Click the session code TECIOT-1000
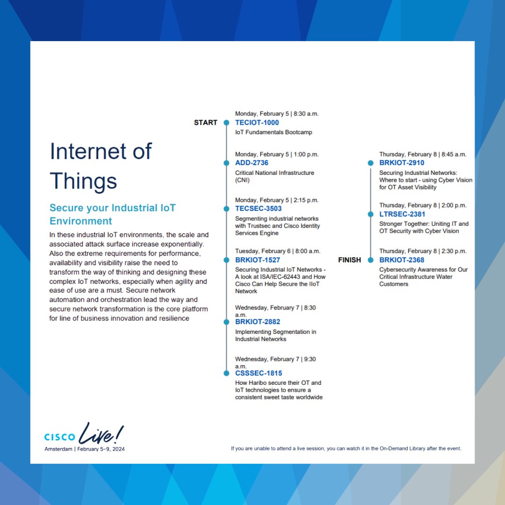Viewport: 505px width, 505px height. click(257, 123)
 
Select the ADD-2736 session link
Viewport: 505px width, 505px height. click(252, 163)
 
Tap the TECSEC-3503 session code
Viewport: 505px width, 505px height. click(258, 209)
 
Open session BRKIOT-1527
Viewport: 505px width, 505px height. click(257, 260)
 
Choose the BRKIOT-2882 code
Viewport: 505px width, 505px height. click(258, 322)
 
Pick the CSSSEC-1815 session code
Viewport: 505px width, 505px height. click(259, 373)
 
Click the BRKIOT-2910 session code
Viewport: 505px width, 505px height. click(402, 163)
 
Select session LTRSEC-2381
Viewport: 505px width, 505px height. click(402, 214)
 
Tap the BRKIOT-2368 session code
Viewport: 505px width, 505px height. click(402, 260)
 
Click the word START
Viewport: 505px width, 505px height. click(206, 123)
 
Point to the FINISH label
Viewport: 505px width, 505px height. click(350, 260)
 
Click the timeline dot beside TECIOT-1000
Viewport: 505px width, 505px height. click(226, 123)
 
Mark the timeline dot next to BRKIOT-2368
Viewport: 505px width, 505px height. click(370, 260)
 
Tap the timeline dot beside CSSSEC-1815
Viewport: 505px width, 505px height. click(226, 373)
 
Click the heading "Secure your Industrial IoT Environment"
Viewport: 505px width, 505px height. click(112, 214)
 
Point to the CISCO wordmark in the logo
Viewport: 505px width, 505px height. click(59, 437)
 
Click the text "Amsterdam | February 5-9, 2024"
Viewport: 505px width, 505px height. click(85, 449)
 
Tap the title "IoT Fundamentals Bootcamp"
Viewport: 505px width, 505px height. click(274, 132)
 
